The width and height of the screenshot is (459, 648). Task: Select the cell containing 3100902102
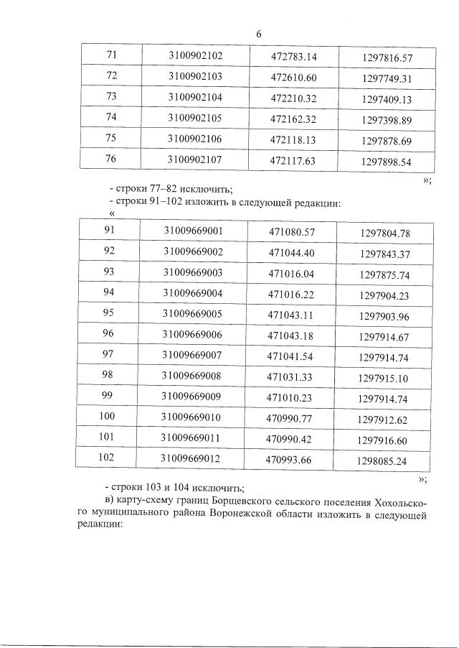[x=195, y=56]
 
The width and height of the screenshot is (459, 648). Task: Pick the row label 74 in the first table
[x=111, y=118]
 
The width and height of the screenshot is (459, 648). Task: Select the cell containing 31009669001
[x=193, y=231]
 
